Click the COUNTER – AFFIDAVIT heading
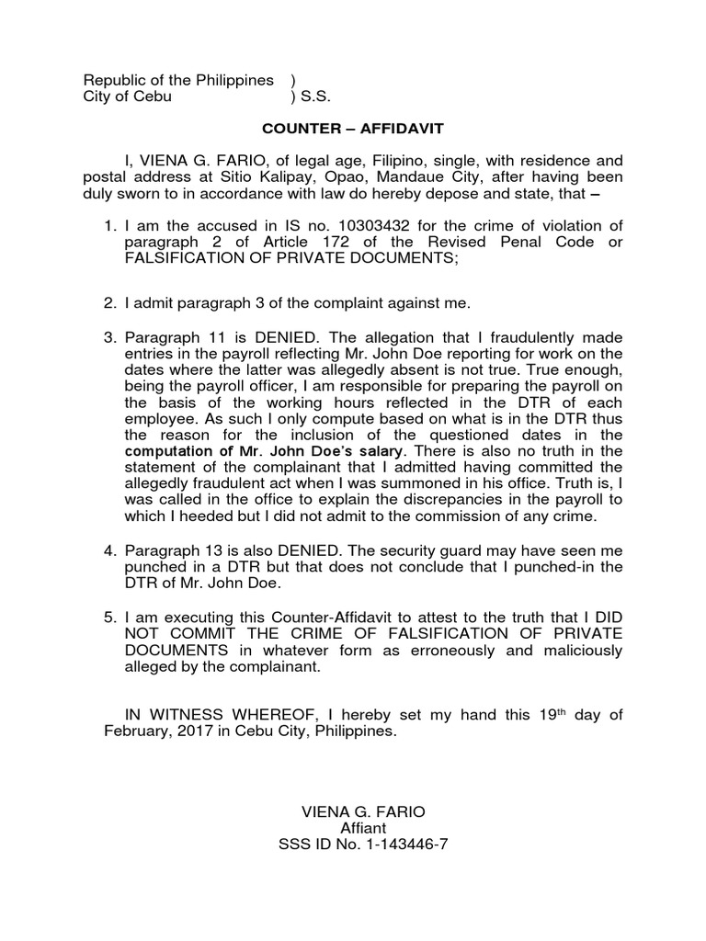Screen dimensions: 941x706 point(354,131)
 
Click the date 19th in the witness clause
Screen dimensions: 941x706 point(545,716)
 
